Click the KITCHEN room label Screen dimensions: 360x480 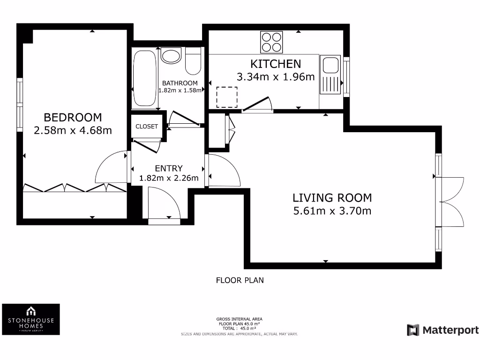coord(276,64)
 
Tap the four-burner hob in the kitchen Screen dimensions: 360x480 coord(271,42)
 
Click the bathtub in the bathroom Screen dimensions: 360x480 coord(144,78)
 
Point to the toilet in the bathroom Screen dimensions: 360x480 coord(193,61)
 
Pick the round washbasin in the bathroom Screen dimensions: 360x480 coord(171,55)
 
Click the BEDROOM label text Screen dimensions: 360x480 coord(73,117)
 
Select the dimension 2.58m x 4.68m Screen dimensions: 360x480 coord(73,130)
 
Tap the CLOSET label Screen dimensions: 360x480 coord(147,127)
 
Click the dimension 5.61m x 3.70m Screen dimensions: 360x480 coord(332,211)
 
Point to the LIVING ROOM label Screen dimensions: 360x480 coord(332,198)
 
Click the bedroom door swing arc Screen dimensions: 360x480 coord(110,167)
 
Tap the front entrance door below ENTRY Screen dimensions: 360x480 coord(164,204)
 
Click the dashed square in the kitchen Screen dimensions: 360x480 coord(227,97)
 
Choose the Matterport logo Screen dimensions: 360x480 coord(443,330)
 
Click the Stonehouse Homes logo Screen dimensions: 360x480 coord(31,319)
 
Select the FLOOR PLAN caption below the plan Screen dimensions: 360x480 coord(240,280)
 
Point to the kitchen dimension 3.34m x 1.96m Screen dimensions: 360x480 coord(276,77)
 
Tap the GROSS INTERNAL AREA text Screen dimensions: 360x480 coord(240,320)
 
